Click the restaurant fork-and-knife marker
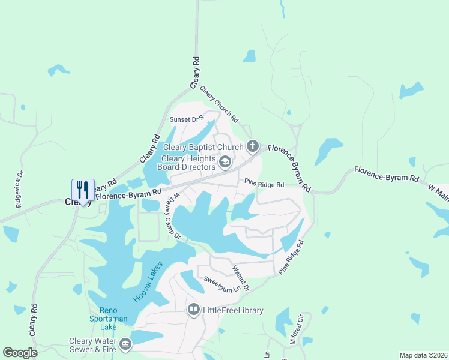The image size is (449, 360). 83,190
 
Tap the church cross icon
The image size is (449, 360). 253,146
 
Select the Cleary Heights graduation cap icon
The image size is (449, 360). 224,161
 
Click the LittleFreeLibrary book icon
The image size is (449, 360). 194,310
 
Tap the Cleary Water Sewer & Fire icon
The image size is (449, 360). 125,344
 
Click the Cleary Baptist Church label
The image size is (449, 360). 203,147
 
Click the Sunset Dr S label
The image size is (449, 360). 188,119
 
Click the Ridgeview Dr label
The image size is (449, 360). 19,190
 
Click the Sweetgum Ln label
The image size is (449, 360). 218,283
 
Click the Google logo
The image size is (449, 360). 20,353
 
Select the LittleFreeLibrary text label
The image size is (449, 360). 234,310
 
